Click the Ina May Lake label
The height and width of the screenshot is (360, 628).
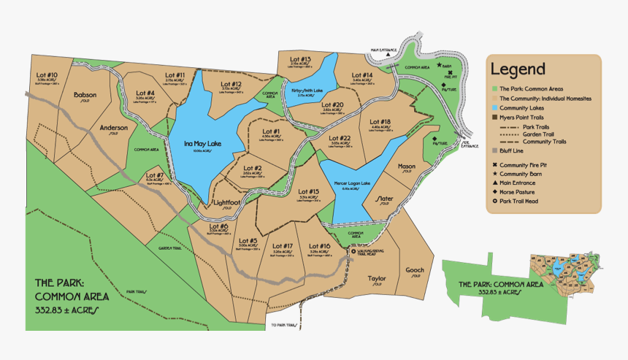pos(203,143)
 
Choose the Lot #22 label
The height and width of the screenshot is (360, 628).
pos(340,138)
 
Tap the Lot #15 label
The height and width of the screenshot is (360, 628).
pos(309,191)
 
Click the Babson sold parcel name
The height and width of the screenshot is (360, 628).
pos(85,95)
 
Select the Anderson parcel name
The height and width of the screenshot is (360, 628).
pos(114,128)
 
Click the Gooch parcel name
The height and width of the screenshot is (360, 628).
pos(415,270)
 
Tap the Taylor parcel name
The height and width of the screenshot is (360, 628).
pos(377,278)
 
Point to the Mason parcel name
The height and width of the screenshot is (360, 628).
pos(406,166)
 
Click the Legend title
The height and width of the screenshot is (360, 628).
pos(518,69)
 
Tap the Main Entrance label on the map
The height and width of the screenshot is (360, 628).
pos(383,50)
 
